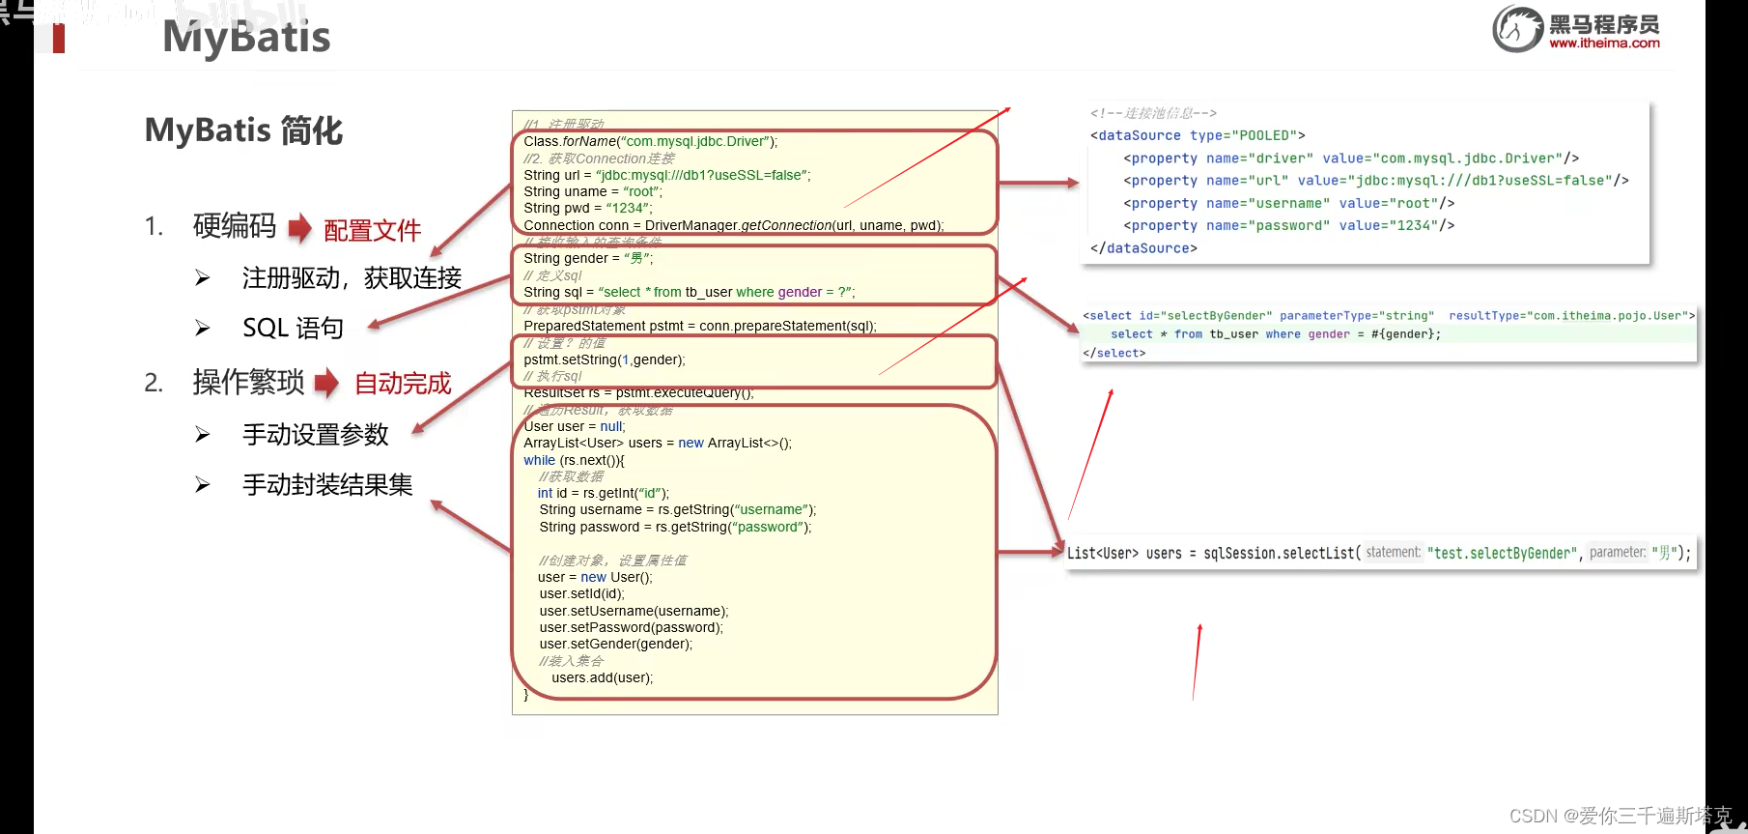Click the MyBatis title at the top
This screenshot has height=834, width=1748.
(x=246, y=38)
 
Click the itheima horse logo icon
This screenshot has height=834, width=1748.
(x=1517, y=28)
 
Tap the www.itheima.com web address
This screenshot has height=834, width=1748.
(x=1604, y=43)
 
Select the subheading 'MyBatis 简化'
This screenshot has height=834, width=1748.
(x=243, y=130)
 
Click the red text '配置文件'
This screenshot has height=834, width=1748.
(x=372, y=231)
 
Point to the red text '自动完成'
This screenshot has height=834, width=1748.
(x=403, y=384)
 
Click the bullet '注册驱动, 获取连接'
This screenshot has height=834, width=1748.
(x=352, y=278)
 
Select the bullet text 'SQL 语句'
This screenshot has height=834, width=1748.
(x=293, y=329)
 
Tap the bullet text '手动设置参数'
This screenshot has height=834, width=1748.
(x=315, y=435)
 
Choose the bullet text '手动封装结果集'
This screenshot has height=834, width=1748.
(x=327, y=485)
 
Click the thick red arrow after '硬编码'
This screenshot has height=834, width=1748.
(x=300, y=228)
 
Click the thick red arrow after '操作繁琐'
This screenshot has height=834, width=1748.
(x=327, y=383)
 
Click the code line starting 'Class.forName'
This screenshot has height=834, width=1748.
(x=650, y=141)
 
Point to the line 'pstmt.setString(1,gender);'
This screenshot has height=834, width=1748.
(x=605, y=359)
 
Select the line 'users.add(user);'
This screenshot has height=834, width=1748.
(x=602, y=677)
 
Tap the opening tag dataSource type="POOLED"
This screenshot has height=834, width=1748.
(x=1198, y=135)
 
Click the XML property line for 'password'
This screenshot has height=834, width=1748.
(x=1288, y=225)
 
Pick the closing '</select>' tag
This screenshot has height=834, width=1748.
(x=1114, y=353)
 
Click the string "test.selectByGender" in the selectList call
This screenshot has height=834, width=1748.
(x=1502, y=553)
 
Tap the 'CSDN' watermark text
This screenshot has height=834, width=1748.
(x=1533, y=816)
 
